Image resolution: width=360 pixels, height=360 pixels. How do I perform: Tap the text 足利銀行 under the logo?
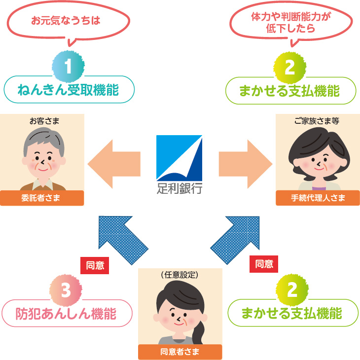pyautogui.click(x=179, y=188)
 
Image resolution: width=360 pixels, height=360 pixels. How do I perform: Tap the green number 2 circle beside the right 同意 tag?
pyautogui.click(x=292, y=290)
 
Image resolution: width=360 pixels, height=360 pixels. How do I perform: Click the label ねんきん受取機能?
pyautogui.click(x=69, y=90)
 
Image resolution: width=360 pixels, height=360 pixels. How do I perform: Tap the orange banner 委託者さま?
pyautogui.click(x=42, y=198)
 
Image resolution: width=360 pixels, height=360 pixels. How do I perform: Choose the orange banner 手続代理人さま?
pyautogui.click(x=318, y=198)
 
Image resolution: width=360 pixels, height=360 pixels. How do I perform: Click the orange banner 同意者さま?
pyautogui.click(x=180, y=352)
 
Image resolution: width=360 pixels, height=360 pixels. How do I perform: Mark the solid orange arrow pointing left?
pyautogui.click(x=114, y=160)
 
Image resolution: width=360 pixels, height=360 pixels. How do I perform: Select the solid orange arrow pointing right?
pyautogui.click(x=246, y=160)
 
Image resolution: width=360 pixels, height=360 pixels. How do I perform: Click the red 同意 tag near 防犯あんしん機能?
pyautogui.click(x=95, y=265)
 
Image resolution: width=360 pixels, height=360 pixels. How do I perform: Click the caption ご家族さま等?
pyautogui.click(x=318, y=120)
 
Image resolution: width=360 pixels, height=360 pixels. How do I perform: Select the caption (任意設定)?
pyautogui.click(x=180, y=275)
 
